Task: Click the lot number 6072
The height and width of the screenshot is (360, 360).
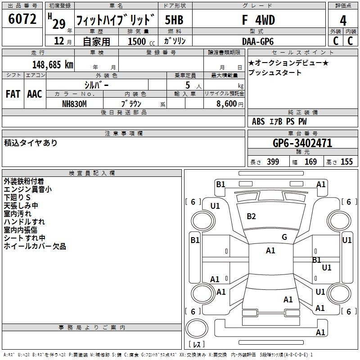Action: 22,19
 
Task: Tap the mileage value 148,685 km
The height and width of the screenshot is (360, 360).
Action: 53,64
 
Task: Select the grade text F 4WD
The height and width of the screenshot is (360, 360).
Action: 258,20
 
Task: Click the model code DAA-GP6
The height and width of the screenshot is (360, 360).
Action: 258,40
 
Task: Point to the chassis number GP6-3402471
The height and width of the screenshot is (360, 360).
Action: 302,143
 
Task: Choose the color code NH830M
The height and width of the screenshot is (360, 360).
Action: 74,103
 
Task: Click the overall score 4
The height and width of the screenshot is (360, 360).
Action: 343,20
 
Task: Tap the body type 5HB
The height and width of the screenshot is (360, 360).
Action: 174,20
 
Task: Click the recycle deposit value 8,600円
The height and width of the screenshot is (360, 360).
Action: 227,103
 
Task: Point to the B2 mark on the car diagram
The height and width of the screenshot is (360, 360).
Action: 251,216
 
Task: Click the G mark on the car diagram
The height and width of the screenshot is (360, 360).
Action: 284,237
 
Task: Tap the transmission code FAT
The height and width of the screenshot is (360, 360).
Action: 13,94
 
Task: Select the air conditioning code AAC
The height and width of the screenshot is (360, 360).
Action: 34,94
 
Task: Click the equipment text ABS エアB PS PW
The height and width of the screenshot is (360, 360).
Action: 279,121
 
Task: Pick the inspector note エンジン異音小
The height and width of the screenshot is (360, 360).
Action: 27,189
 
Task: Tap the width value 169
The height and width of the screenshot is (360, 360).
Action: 310,162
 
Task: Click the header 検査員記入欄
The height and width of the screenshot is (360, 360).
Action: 92,173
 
